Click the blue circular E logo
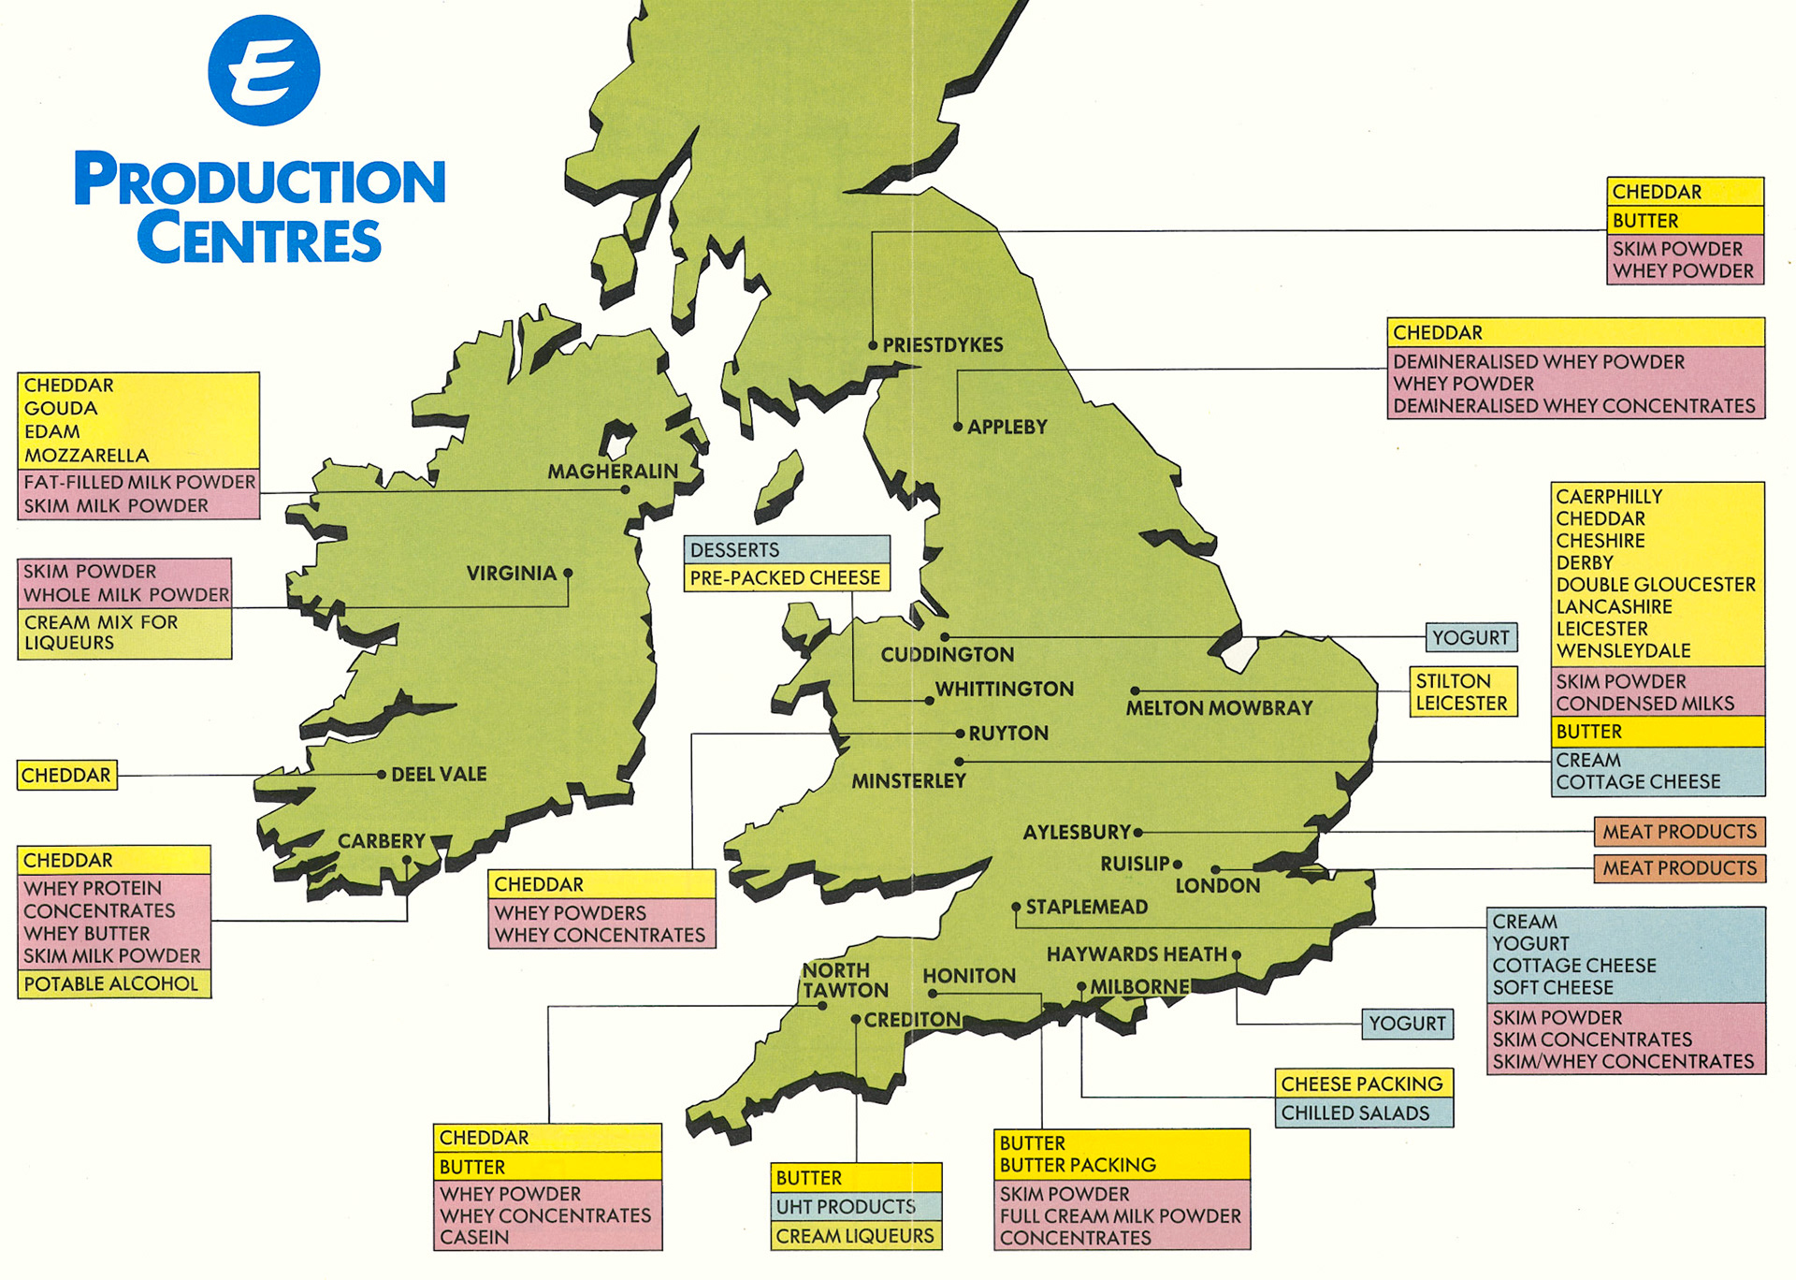point(264,70)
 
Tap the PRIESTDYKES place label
point(942,345)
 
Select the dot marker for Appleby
point(958,427)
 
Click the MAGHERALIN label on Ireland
point(613,472)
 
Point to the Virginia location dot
point(568,573)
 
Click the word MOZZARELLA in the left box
point(86,456)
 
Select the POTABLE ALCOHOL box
point(111,983)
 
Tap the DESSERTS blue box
point(786,550)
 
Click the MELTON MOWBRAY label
point(1219,708)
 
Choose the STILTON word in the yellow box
point(1453,681)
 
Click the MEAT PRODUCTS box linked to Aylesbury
point(1679,832)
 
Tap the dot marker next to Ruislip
point(1178,865)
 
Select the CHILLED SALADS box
point(1363,1113)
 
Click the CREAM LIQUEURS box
point(855,1236)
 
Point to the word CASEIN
point(474,1237)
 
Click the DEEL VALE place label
point(439,775)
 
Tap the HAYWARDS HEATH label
point(1137,954)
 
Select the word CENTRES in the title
point(259,240)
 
